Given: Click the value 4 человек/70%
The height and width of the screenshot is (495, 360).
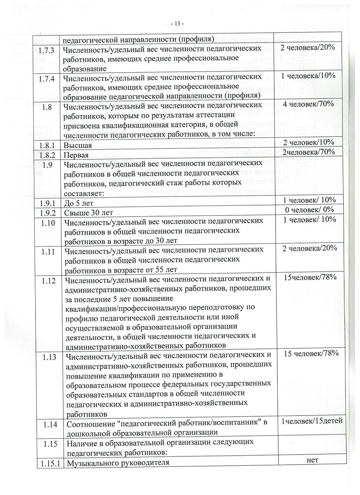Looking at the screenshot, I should [308, 104].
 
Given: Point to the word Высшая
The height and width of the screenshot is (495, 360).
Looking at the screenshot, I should [78, 146].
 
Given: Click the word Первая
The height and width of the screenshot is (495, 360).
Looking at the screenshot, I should [76, 155].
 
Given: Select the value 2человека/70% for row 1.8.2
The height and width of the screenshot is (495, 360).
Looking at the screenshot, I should [308, 152].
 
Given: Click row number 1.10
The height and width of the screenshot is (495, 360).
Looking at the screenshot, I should [48, 223].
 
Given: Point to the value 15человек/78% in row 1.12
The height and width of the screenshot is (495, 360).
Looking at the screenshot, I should [310, 277].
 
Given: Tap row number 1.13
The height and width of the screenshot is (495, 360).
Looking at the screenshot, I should [49, 358].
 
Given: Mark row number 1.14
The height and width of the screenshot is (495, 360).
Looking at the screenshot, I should [50, 425].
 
